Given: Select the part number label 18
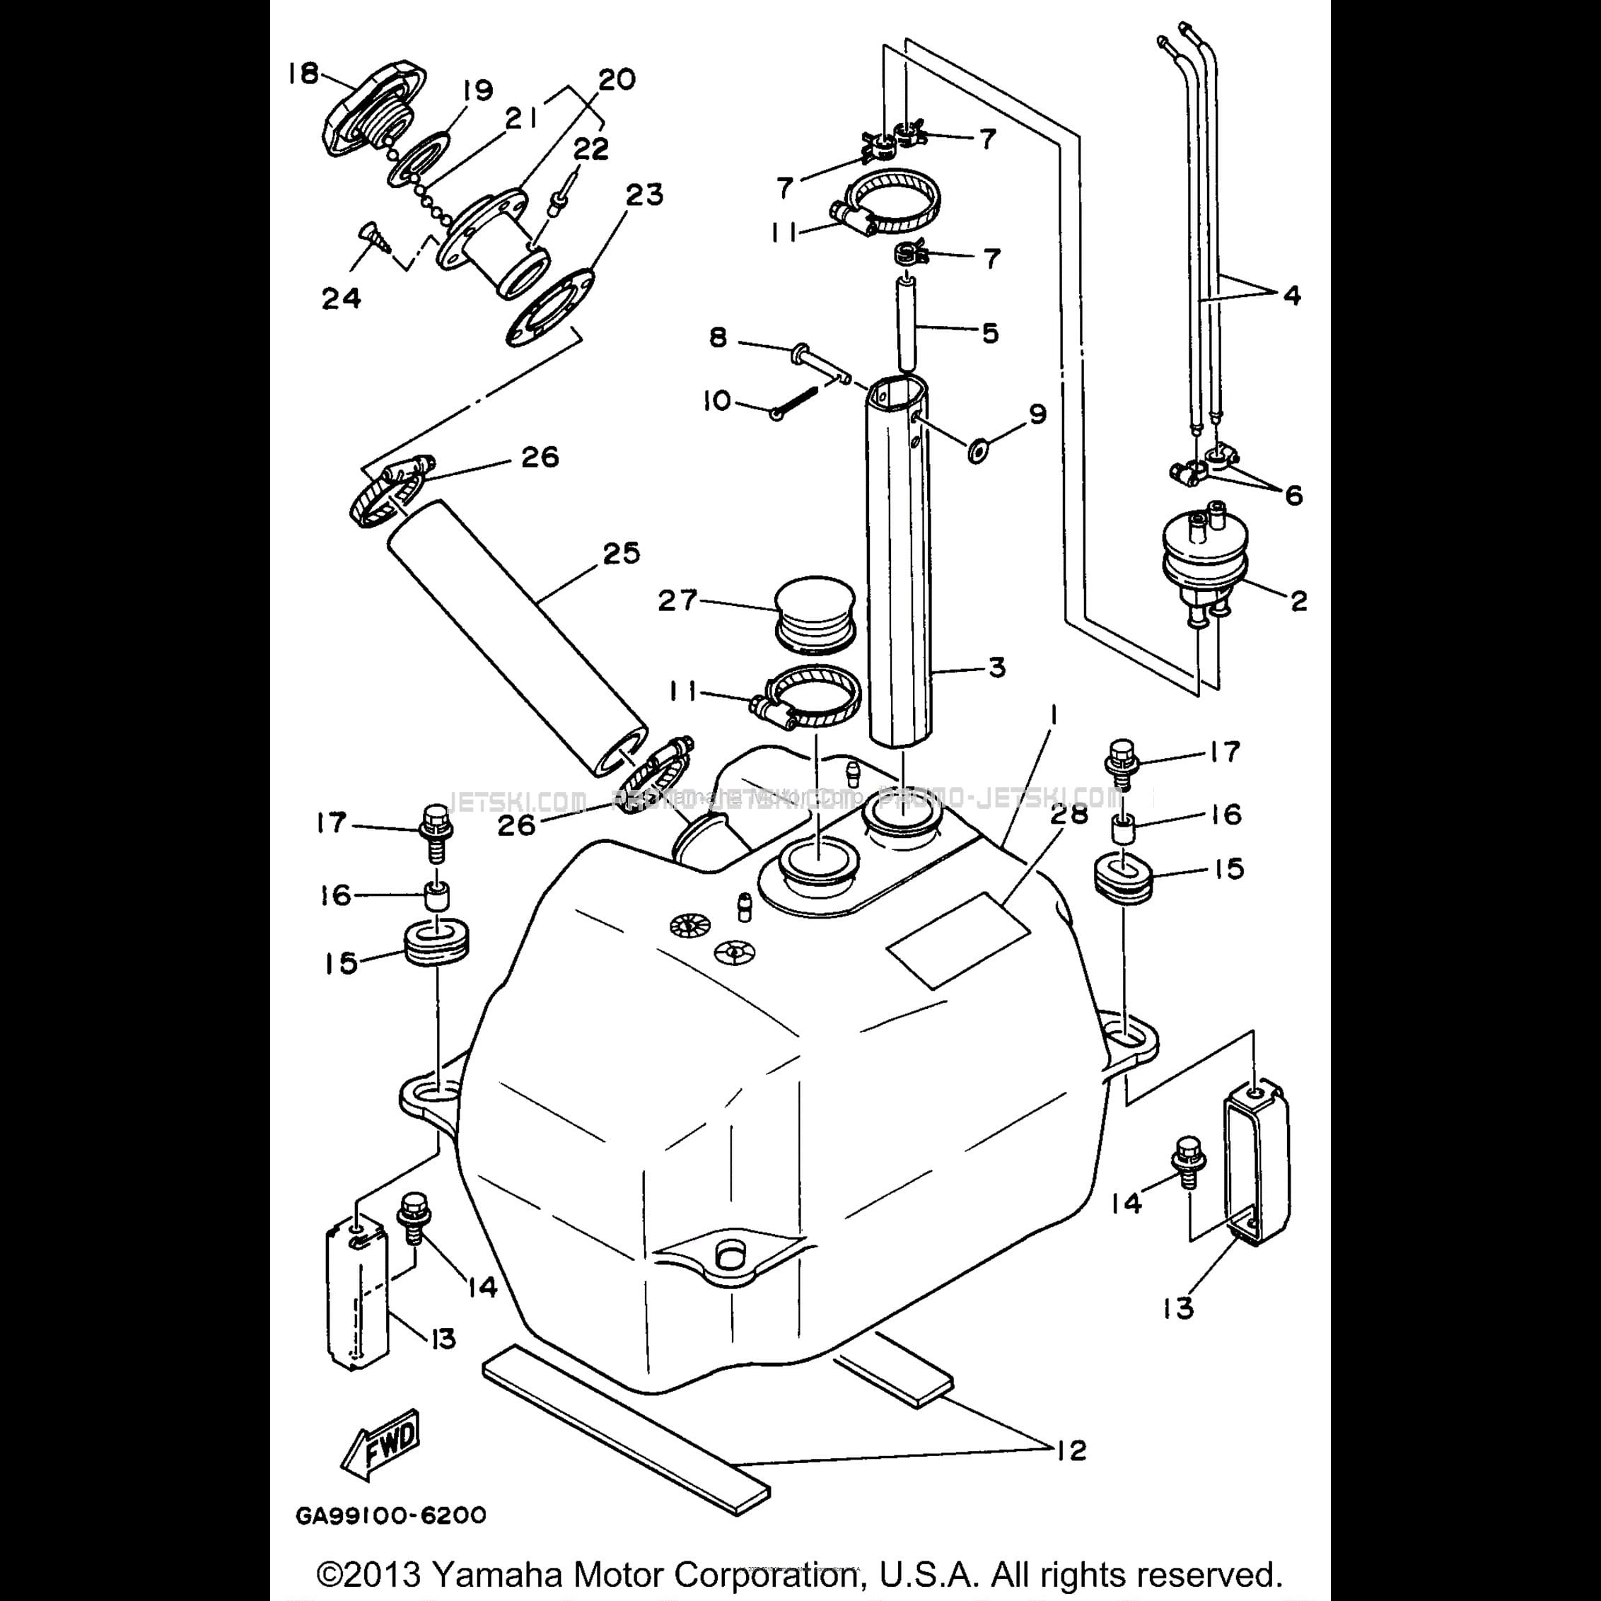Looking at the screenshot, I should tap(303, 74).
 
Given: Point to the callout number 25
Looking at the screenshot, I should tap(622, 553).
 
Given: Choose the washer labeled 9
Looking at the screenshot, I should tap(978, 452).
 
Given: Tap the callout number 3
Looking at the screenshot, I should tap(997, 667).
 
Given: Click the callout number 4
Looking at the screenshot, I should tap(1292, 294).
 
